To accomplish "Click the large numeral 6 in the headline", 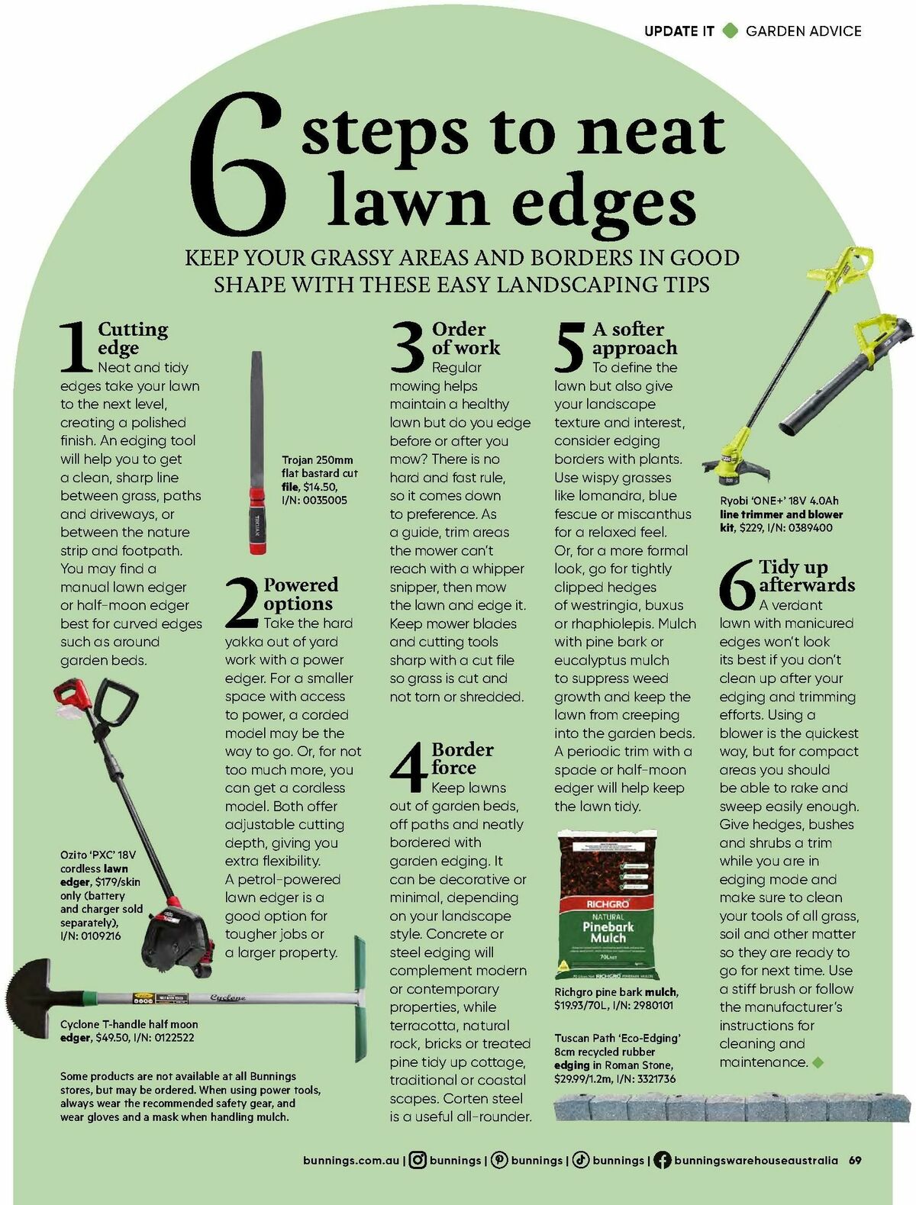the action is click(x=237, y=165).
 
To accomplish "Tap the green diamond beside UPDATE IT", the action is click(x=730, y=31).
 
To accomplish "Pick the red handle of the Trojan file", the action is click(x=257, y=520).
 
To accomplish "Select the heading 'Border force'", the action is click(x=463, y=758).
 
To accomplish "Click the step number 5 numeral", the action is click(x=569, y=347).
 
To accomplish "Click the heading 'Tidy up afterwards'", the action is click(x=807, y=575).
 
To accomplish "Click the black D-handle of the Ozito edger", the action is click(x=117, y=699).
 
